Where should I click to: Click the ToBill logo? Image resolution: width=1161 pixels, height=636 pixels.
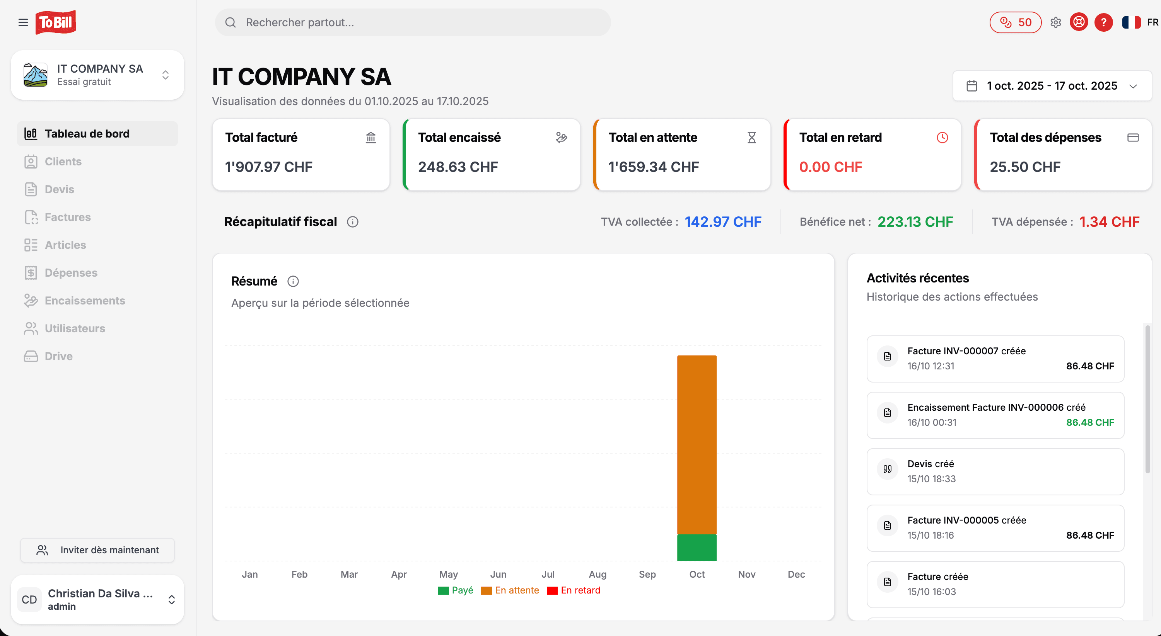(x=55, y=22)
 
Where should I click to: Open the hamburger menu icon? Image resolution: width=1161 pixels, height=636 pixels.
(x=23, y=22)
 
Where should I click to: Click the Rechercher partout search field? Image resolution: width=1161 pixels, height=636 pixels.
(x=412, y=22)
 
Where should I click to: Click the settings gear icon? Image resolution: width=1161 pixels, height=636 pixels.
(x=1055, y=22)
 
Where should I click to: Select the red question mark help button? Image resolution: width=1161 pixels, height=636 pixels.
(x=1103, y=22)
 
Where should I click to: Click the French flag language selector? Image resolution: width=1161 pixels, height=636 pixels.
(x=1131, y=22)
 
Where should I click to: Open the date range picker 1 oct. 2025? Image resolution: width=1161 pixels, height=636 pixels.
(x=1052, y=85)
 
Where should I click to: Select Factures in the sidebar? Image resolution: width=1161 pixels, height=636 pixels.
(x=68, y=217)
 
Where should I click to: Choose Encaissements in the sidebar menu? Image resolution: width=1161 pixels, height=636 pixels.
(x=85, y=301)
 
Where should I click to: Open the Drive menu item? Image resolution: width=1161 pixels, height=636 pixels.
(x=58, y=356)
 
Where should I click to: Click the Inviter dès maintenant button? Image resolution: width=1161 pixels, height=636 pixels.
(x=97, y=550)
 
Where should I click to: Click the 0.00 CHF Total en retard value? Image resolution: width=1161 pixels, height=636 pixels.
(x=830, y=167)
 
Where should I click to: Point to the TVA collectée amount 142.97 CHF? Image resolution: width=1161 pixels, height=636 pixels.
(x=723, y=222)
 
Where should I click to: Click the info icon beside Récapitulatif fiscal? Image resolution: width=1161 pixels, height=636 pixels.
(x=352, y=222)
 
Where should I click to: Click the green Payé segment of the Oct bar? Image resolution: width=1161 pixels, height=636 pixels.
(x=697, y=547)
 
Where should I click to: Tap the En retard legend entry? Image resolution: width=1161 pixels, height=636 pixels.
(x=574, y=590)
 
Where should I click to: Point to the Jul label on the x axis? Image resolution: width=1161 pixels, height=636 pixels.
(x=548, y=574)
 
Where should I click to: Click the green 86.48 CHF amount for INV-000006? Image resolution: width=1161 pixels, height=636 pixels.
(x=1089, y=422)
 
